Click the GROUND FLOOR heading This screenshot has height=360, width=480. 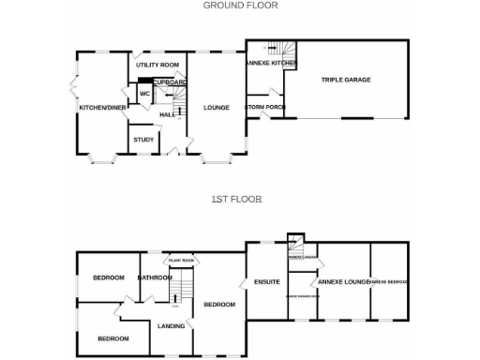click(241, 6)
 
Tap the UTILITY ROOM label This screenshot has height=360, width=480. click(157, 65)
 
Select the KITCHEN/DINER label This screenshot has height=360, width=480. click(102, 108)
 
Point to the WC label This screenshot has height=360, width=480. click(145, 95)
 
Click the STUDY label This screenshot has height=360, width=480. click(143, 140)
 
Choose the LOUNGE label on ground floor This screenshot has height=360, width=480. click(217, 108)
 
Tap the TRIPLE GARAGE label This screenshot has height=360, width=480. click(346, 80)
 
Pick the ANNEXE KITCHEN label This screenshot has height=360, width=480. click(270, 63)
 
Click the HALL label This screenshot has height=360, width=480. click(167, 114)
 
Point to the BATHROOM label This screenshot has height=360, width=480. click(155, 277)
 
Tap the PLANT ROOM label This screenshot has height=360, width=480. click(180, 260)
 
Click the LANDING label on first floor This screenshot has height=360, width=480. click(172, 326)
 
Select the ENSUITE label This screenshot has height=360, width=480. click(267, 281)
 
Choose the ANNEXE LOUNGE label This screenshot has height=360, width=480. click(343, 281)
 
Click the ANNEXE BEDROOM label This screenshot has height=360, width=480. click(388, 281)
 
